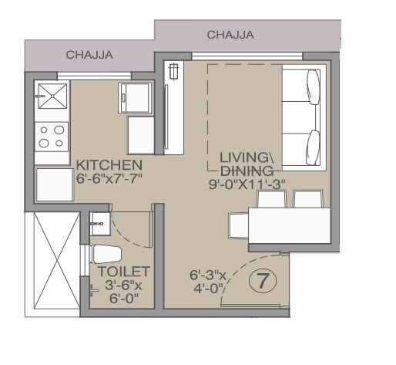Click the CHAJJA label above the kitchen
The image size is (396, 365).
[x=89, y=55]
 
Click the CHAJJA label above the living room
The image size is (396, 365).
[x=230, y=35]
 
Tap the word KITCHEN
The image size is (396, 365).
[x=108, y=165]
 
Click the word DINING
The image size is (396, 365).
[x=247, y=170]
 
